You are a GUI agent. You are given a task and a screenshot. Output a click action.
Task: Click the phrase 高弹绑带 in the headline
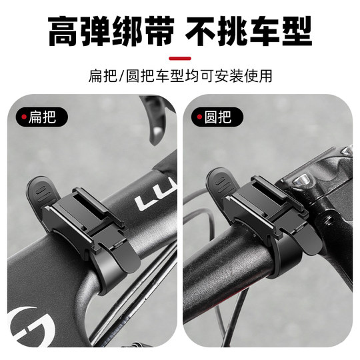coord(110,31)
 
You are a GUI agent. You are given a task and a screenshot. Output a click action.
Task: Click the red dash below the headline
coord(179,58)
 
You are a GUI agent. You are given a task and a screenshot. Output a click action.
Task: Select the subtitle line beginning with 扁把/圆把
coord(180,75)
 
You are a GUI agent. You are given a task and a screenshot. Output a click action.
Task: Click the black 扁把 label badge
coord(44,118)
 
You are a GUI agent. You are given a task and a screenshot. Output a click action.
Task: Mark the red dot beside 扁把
coord(24,118)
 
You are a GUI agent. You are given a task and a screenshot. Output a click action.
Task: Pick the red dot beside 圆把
coord(197,118)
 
